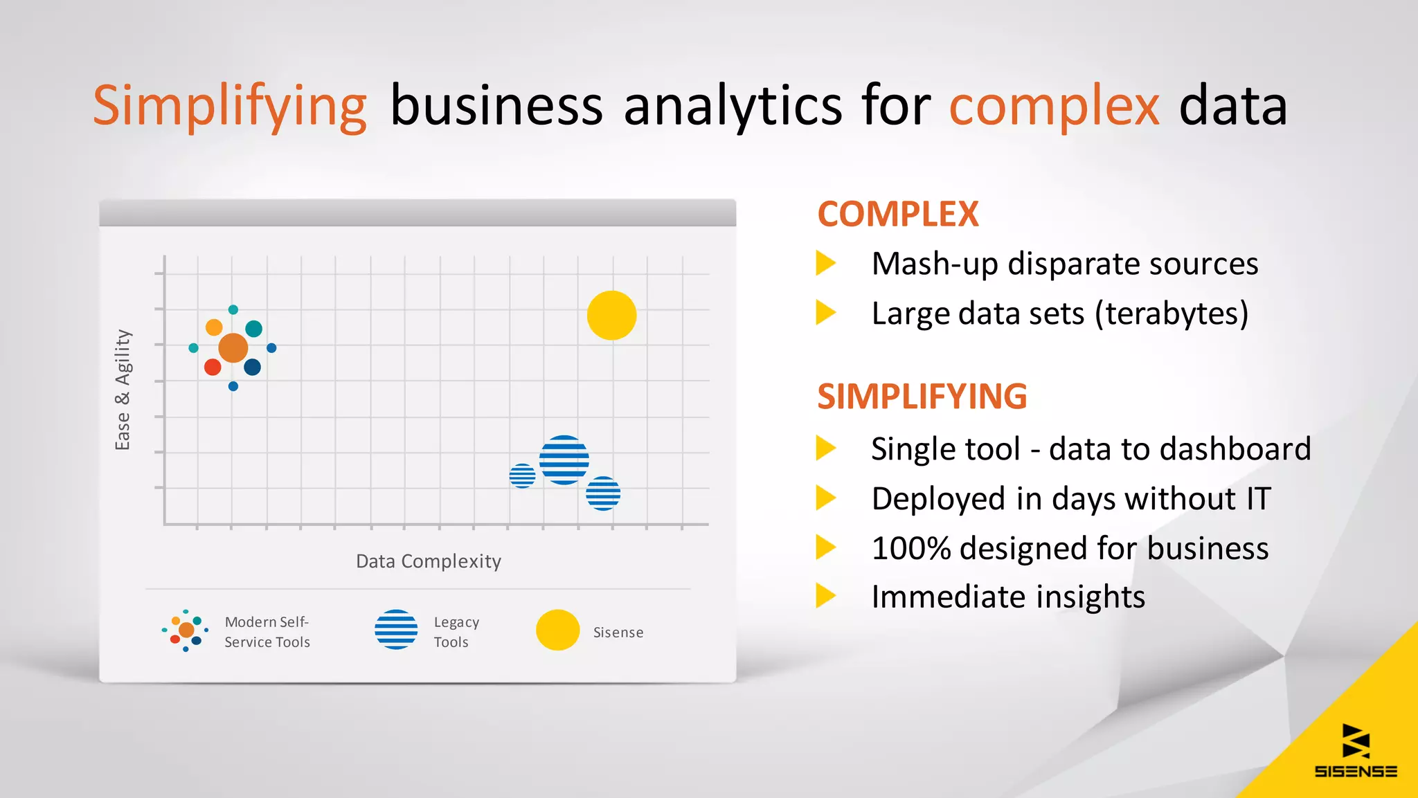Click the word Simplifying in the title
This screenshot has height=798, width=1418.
pos(229,106)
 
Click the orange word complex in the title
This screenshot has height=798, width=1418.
pos(1053,106)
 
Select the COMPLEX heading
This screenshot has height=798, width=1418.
pos(898,214)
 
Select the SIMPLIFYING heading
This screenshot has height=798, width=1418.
pos(922,397)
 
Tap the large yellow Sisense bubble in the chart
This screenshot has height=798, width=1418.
pos(611,316)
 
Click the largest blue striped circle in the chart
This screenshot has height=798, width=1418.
pos(564,460)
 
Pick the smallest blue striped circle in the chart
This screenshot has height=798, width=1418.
pos(522,476)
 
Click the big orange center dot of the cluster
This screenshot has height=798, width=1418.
pos(233,347)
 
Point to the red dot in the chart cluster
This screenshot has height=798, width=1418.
pos(213,367)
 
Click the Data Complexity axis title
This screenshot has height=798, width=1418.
pos(429,561)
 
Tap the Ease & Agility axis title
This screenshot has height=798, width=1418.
pos(123,390)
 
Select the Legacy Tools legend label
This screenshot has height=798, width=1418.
pos(456,632)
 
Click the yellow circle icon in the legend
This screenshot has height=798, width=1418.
pos(557,630)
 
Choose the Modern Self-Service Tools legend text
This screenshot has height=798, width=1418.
pos(267,632)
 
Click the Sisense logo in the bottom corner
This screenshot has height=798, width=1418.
pos(1356,752)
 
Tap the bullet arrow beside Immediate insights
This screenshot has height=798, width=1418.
pos(825,596)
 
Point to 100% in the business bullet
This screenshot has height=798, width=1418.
pos(910,548)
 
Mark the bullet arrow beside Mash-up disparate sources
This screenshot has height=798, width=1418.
pos(825,263)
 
